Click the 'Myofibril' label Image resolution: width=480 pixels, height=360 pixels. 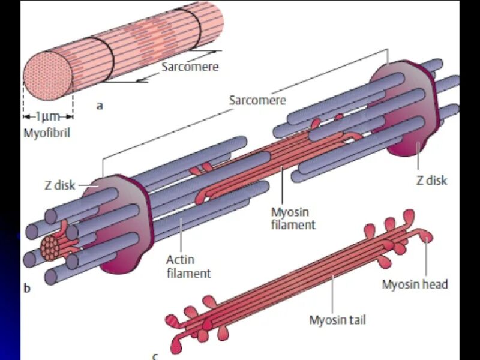[47, 133]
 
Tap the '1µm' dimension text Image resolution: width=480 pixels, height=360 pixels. [48, 116]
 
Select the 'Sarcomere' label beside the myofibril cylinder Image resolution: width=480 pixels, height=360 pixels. [190, 67]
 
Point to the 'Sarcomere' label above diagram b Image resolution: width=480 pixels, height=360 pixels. [257, 100]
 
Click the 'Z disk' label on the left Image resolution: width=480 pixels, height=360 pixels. [59, 185]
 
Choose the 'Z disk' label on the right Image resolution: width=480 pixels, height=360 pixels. [432, 180]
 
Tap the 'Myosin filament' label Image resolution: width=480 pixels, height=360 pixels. [293, 218]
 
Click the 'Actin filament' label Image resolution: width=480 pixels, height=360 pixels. [189, 266]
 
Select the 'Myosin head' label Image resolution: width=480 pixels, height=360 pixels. [415, 284]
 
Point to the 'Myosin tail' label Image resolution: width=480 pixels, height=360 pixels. [337, 320]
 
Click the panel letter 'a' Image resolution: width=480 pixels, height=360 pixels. [100, 106]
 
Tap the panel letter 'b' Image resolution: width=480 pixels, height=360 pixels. [26, 289]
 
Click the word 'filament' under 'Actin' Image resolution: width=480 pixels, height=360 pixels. [189, 274]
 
